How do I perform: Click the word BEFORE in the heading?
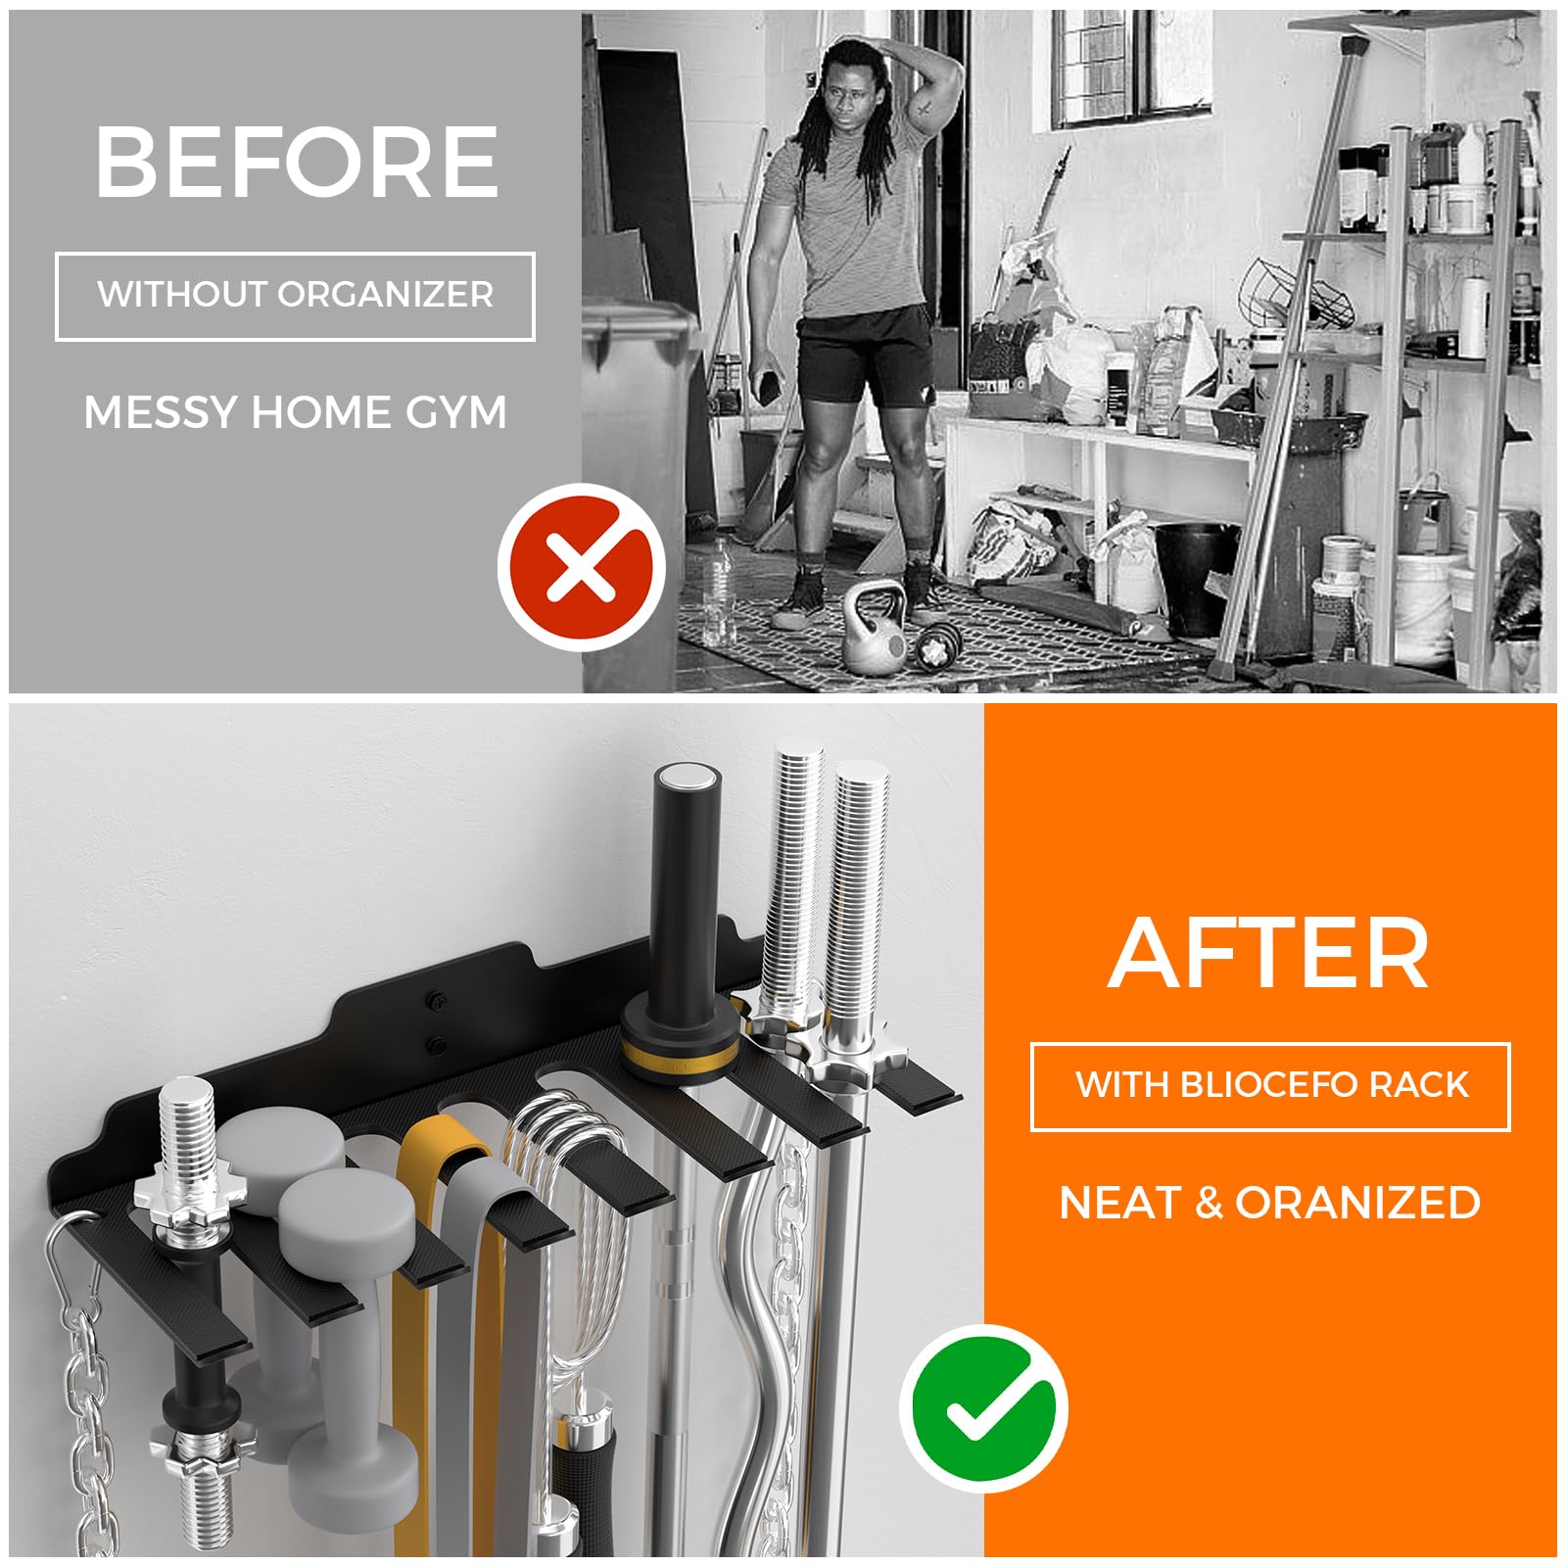pyautogui.click(x=297, y=162)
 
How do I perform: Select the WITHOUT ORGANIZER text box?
pyautogui.click(x=295, y=296)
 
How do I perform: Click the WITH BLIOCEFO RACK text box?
pyautogui.click(x=1270, y=1086)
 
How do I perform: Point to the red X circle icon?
pyautogui.click(x=581, y=567)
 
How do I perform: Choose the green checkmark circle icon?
pyautogui.click(x=984, y=1408)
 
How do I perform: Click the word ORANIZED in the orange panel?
pyautogui.click(x=1357, y=1203)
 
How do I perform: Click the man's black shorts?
pyautogui.click(x=864, y=353)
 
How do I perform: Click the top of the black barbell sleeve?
pyautogui.click(x=685, y=781)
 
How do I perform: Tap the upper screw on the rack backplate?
pyautogui.click(x=434, y=1002)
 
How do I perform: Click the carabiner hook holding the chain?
pyautogui.click(x=73, y=1263)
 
